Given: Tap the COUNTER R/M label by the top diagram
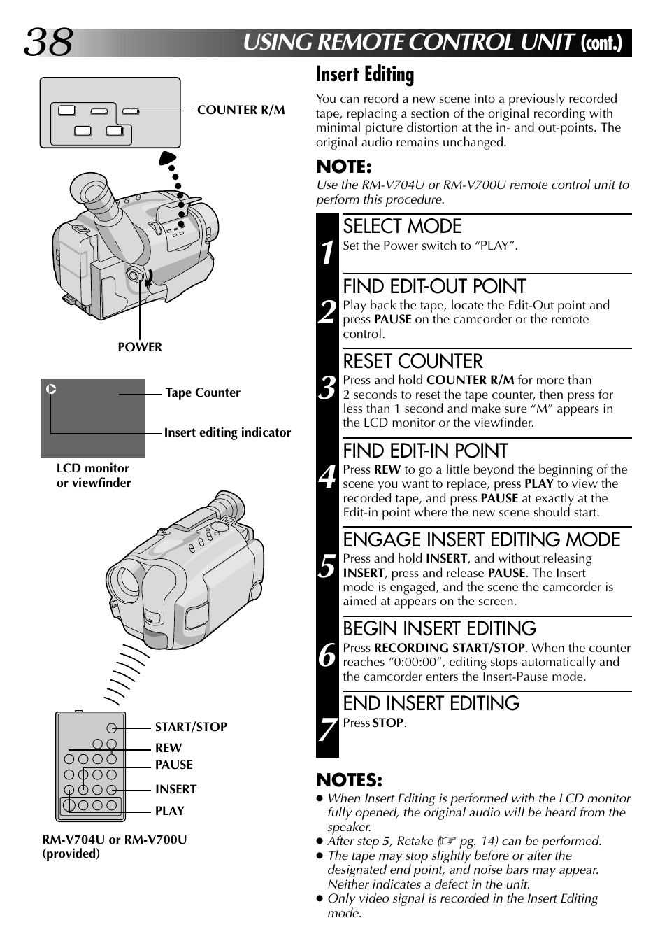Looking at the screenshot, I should [241, 110].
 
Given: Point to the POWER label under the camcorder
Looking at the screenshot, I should [139, 347].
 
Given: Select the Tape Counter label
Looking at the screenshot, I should [203, 393].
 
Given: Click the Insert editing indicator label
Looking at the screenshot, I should [227, 433].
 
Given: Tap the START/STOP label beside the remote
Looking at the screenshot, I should [191, 727].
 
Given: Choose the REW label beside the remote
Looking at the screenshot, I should [168, 749].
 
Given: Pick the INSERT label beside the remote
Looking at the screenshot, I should [175, 789].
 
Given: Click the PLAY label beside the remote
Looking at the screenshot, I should [169, 811].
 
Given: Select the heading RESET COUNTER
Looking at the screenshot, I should [413, 362].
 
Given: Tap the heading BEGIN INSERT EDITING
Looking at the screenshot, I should [439, 628].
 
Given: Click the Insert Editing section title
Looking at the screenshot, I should [365, 74].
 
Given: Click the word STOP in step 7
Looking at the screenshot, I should [388, 723].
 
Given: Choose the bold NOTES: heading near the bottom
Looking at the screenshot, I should [349, 780].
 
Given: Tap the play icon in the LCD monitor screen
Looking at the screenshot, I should [51, 389].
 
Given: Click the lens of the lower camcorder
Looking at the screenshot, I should [127, 582].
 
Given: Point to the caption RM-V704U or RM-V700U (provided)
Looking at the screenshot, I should [114, 847].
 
